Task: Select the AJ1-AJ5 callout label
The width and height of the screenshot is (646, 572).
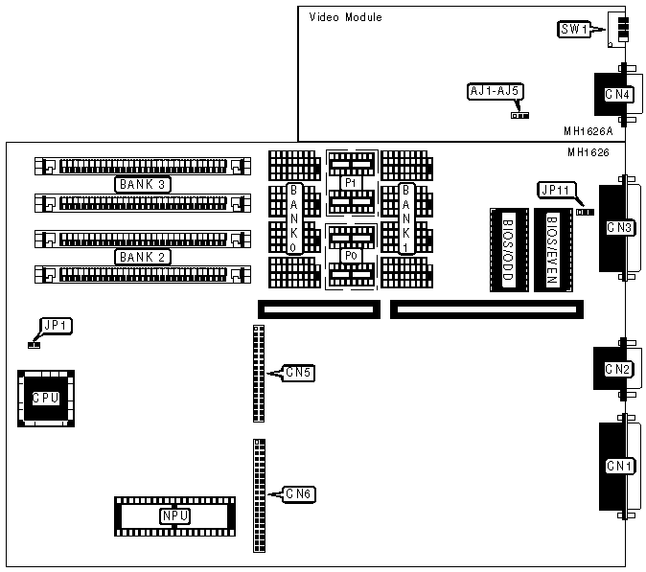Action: tap(495, 92)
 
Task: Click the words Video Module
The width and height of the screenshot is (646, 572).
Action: tap(345, 17)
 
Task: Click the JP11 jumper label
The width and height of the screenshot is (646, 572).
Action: tap(555, 190)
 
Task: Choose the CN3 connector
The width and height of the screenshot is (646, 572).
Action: tap(618, 228)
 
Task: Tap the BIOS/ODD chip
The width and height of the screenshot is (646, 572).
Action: tap(508, 250)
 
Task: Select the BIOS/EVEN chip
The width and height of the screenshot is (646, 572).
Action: tap(552, 250)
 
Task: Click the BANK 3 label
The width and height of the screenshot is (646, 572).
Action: tap(142, 183)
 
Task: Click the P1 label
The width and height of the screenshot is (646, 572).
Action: tap(351, 182)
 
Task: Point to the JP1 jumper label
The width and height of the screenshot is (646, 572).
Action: tap(55, 325)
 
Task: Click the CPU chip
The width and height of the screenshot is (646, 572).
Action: tap(45, 397)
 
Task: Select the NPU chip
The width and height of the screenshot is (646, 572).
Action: tap(173, 515)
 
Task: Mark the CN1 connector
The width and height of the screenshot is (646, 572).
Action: tap(618, 466)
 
